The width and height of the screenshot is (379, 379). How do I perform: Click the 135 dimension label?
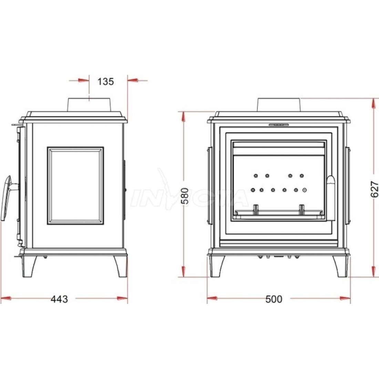(106, 82)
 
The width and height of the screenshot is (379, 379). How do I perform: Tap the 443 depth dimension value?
(59, 299)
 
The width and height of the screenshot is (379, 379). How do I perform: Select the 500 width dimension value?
(274, 299)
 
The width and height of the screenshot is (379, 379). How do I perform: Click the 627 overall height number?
(374, 189)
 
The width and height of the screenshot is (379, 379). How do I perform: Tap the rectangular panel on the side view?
(75, 186)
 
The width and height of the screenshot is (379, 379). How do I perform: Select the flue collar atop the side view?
(89, 105)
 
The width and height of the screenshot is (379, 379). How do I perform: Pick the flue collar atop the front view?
(279, 105)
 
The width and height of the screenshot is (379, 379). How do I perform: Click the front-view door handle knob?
(331, 198)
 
